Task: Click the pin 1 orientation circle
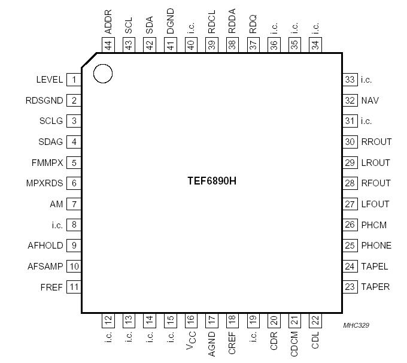tap(103, 74)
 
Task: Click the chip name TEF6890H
tap(212, 180)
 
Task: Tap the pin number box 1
tap(74, 80)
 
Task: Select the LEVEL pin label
tap(50, 80)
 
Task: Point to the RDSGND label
tap(44, 101)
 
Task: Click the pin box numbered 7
tap(74, 204)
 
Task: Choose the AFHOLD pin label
tap(45, 246)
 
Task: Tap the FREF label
tap(52, 287)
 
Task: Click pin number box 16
tap(191, 320)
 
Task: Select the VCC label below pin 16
tap(191, 344)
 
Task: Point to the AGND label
tap(212, 344)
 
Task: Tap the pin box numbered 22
tap(315, 320)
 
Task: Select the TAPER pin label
tap(375, 287)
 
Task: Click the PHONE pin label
tap(376, 246)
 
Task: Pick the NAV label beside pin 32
tap(370, 101)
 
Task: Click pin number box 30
tap(350, 142)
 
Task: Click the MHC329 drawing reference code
tap(356, 325)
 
